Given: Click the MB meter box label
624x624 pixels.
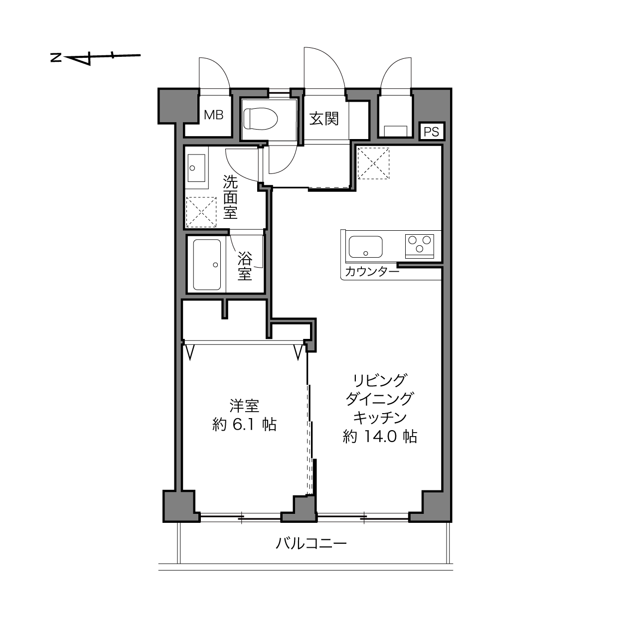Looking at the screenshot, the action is (214, 115).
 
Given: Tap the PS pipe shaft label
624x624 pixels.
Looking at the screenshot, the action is (431, 132).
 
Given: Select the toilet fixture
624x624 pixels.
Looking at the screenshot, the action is (261, 119).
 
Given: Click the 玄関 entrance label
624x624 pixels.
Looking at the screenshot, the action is (324, 119).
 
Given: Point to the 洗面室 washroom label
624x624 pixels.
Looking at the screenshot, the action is (230, 197).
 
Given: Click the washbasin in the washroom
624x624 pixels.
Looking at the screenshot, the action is (196, 168).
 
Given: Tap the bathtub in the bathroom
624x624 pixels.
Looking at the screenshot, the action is (207, 265).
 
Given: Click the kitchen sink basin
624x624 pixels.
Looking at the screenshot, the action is (365, 247).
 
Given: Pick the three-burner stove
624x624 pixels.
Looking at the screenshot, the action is (420, 246).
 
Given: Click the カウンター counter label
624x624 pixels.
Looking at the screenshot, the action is (372, 272).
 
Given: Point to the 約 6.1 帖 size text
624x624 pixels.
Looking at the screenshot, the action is (245, 425).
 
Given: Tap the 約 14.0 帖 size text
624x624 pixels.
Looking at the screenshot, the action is (380, 437).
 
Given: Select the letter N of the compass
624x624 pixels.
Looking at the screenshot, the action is (56, 58).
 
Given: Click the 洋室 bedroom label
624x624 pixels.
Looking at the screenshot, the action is (245, 406).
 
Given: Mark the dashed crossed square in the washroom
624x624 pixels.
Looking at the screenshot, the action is (201, 212).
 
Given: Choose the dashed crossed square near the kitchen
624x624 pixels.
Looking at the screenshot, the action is (373, 163).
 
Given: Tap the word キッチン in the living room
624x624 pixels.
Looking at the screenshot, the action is (379, 418).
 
